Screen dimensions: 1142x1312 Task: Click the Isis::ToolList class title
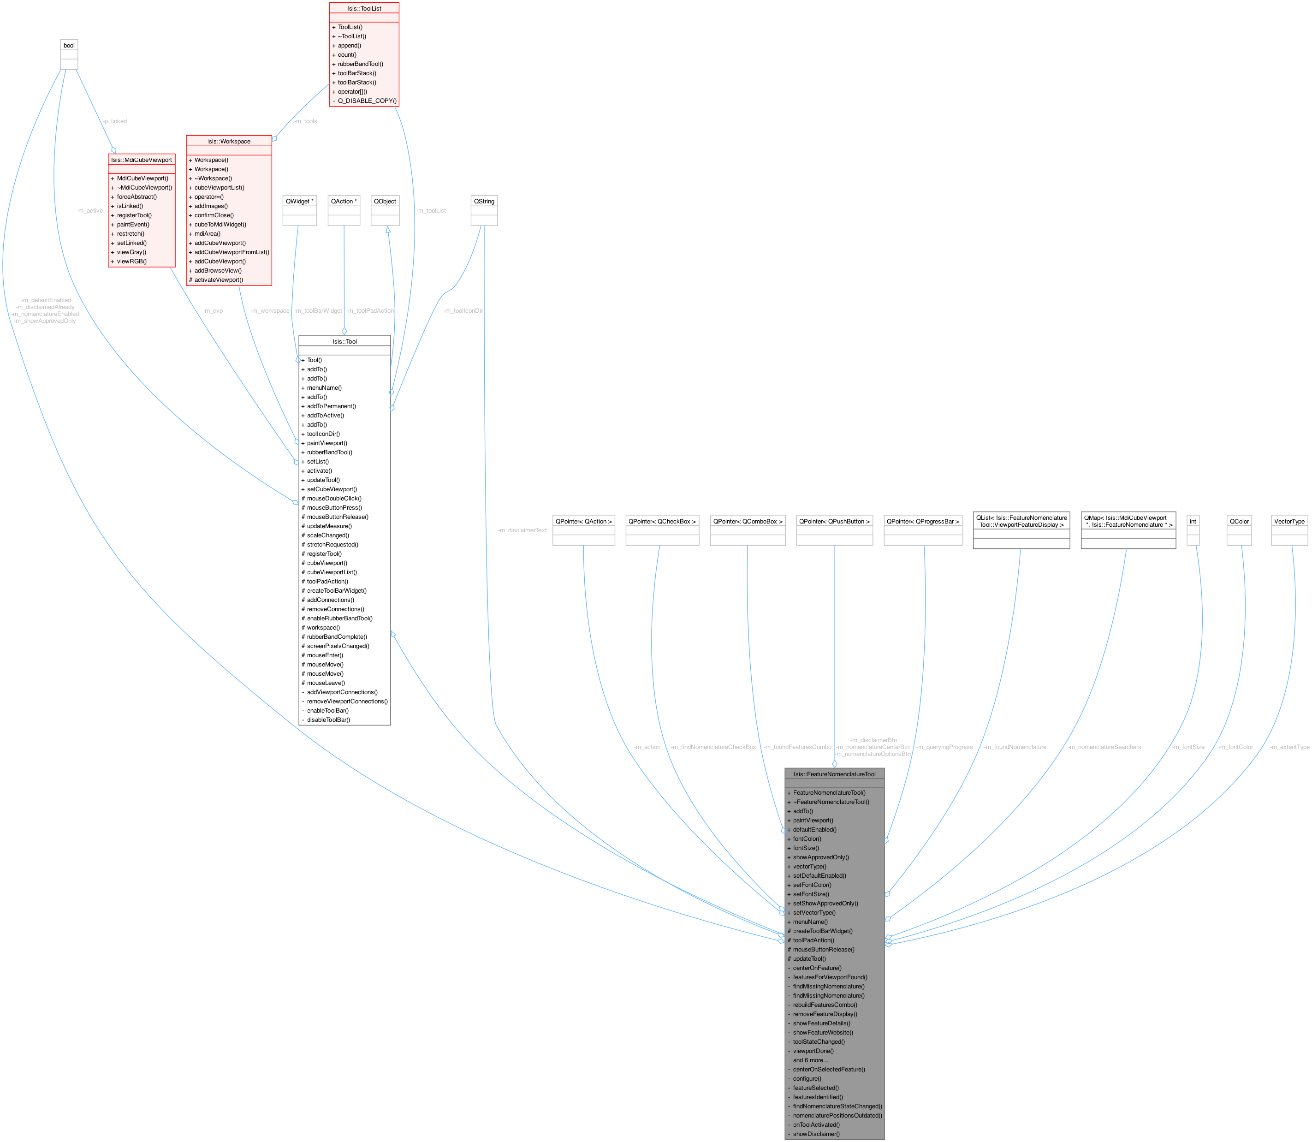click(x=364, y=8)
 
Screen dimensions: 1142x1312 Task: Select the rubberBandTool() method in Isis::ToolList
click(x=360, y=64)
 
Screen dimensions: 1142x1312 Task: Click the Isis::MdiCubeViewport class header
click(x=142, y=160)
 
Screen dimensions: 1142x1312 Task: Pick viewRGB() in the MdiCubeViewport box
click(x=131, y=261)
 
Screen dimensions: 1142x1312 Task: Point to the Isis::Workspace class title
click(x=229, y=142)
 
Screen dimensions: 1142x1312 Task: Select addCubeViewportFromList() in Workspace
click(x=232, y=252)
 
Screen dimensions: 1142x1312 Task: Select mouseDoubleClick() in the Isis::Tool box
click(x=334, y=498)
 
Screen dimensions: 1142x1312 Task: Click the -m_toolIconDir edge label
click(x=463, y=311)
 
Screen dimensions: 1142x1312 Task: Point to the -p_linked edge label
click(x=115, y=121)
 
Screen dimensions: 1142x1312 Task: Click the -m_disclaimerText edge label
click(x=522, y=530)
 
